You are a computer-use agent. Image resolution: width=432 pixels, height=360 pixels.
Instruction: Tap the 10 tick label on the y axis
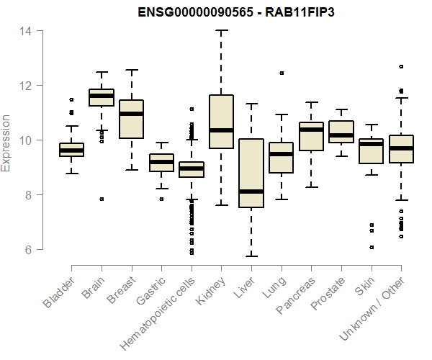click(x=23, y=140)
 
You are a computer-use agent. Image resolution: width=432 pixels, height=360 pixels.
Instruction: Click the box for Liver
click(x=251, y=173)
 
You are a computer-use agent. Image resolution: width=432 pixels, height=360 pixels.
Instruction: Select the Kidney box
click(x=221, y=121)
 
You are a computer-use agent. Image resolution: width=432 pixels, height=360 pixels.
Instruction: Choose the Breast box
click(x=132, y=119)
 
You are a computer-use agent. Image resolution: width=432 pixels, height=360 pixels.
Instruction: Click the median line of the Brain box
click(x=102, y=96)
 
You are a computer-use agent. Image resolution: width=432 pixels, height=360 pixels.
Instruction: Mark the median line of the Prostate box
click(x=341, y=135)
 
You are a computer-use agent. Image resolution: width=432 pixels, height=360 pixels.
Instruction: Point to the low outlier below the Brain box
click(x=102, y=199)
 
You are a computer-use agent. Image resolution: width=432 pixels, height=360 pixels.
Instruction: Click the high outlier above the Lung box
click(x=281, y=73)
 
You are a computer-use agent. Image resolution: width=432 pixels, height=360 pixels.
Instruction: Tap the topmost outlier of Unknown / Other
click(x=401, y=66)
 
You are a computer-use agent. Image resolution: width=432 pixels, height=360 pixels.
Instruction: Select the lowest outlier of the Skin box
click(x=372, y=247)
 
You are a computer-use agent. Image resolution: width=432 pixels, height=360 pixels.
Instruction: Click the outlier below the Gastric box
click(x=161, y=199)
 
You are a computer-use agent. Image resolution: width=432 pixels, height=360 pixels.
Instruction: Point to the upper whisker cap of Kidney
click(x=221, y=31)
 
